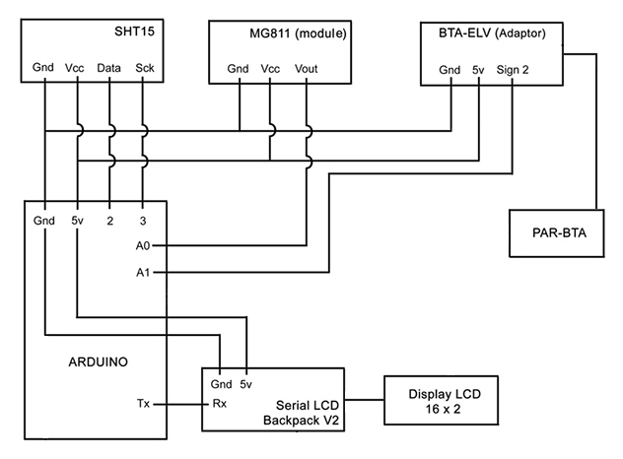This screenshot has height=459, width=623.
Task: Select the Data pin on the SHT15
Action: (109, 69)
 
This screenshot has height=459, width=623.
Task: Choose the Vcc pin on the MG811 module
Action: (270, 69)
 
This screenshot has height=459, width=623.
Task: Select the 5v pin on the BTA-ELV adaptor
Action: (477, 69)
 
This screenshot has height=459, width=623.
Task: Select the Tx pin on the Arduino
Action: (144, 404)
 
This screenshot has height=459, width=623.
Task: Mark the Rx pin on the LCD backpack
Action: (219, 404)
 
